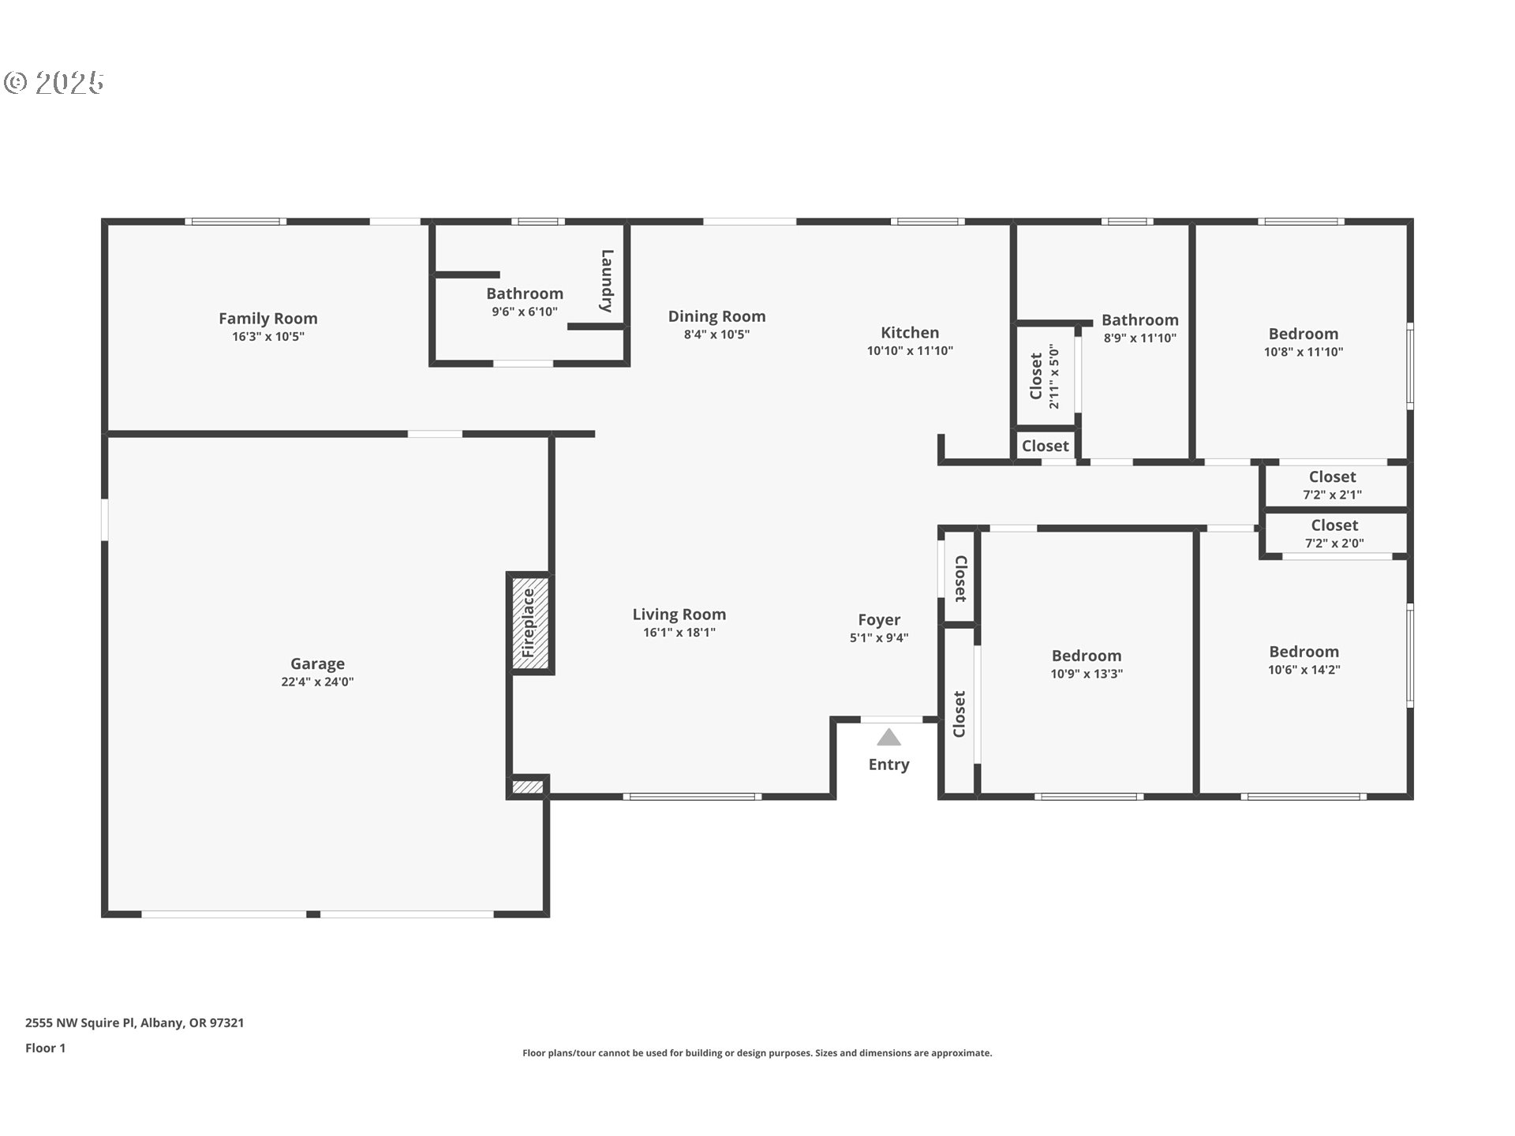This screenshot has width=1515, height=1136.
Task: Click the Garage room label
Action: pos(317,664)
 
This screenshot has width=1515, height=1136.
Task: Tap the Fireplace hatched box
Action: pos(529,623)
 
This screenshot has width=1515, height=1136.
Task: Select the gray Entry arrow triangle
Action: pos(888,737)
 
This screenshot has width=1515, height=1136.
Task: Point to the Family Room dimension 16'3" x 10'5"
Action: pos(268,337)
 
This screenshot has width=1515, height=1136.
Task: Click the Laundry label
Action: pos(607,281)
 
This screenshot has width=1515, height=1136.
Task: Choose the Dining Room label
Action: pos(716,316)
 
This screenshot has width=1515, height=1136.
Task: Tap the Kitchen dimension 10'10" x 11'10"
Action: pos(910,351)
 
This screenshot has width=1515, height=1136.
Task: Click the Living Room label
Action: pos(679,615)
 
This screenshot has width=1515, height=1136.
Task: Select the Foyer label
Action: pos(879,620)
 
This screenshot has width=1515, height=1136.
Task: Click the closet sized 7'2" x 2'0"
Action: pos(1336,534)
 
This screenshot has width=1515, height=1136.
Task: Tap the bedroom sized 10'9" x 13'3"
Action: pos(1086,663)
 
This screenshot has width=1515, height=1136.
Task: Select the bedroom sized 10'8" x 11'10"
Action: pos(1303,342)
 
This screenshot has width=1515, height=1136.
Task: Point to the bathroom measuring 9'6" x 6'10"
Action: pos(525,302)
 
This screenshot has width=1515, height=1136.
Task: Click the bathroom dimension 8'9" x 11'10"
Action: pos(1140,338)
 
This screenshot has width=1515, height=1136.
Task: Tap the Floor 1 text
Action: pos(45,1048)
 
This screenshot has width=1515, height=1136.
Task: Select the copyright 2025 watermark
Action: pos(54,82)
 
